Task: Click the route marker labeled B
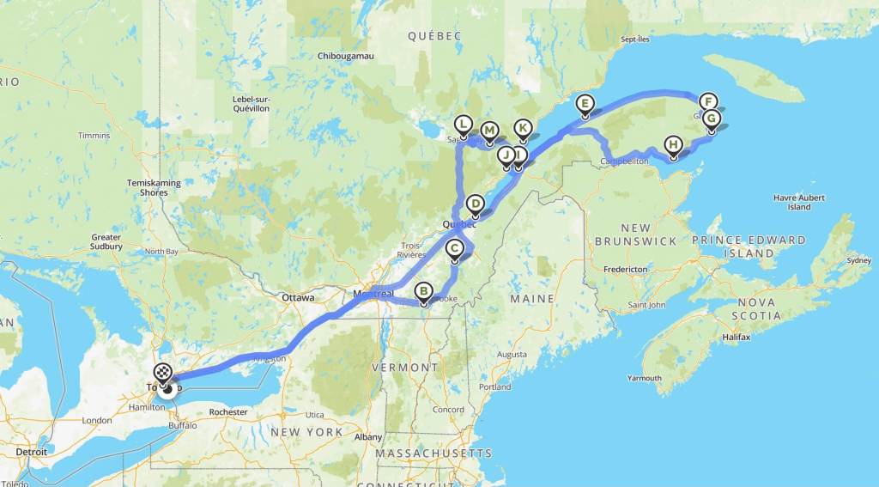click(423, 291)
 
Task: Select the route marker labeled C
click(456, 249)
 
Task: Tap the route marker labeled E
click(585, 104)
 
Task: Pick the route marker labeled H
click(674, 145)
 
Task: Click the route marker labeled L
click(464, 125)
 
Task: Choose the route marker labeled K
click(522, 128)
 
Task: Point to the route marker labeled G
click(711, 119)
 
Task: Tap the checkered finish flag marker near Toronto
click(162, 373)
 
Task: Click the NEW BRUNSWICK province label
click(635, 234)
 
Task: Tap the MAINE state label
click(530, 298)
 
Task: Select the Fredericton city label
click(625, 269)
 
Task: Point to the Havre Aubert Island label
click(798, 202)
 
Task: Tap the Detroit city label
click(31, 451)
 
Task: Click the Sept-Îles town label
click(637, 40)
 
